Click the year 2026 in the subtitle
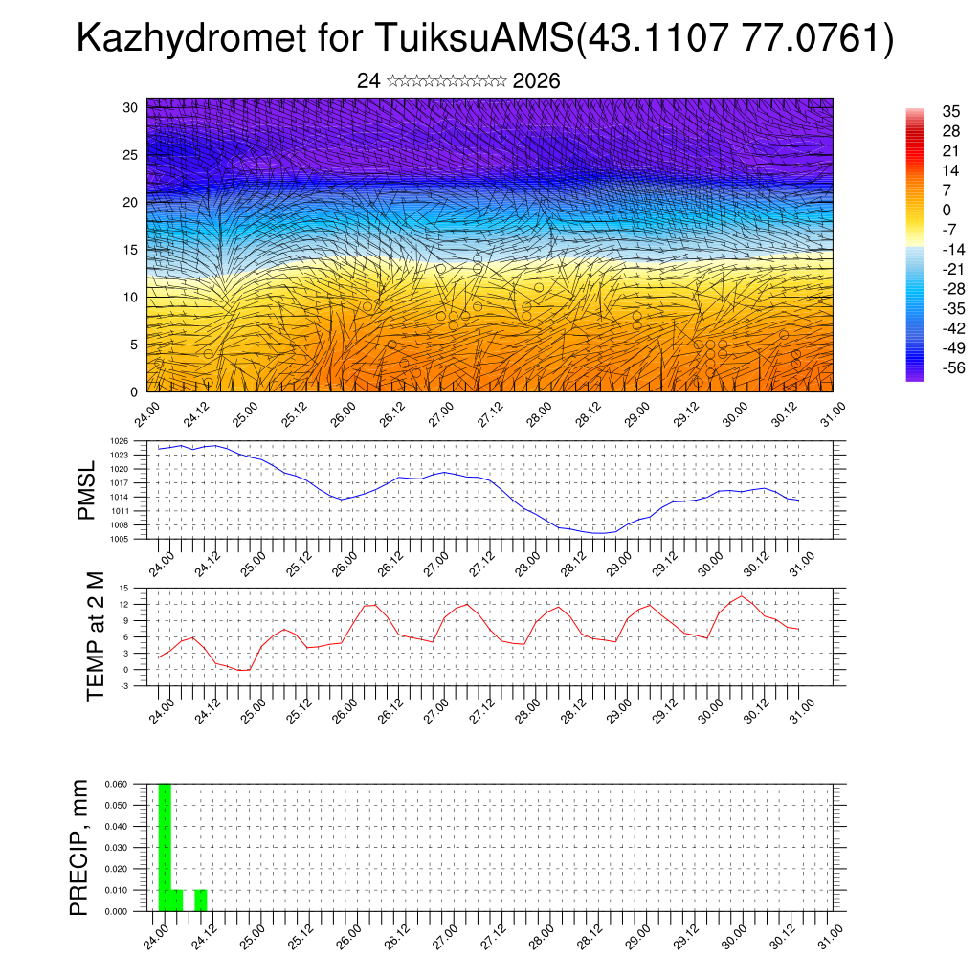536,81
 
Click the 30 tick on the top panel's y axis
130,107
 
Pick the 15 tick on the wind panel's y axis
130,250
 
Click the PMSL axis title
87,489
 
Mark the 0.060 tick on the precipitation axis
115,784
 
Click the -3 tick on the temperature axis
124,685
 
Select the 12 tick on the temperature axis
123,604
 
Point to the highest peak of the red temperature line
741,596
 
